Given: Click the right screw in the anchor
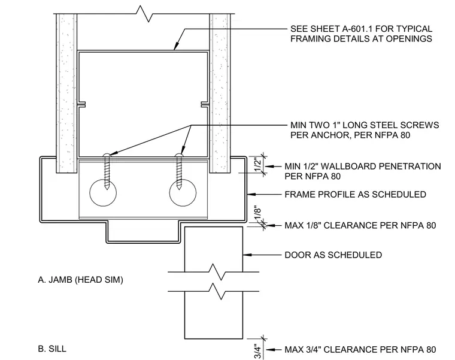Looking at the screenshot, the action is (x=179, y=171).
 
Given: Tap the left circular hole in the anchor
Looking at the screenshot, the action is (x=103, y=193).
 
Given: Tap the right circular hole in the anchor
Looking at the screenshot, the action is (x=183, y=193).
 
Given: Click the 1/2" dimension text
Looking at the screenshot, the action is (x=258, y=164).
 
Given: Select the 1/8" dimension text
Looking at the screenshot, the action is (x=258, y=214).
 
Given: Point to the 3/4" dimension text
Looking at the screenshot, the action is (x=258, y=351).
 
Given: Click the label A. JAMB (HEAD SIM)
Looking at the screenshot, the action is (x=80, y=280).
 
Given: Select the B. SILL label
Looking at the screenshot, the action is (x=52, y=349).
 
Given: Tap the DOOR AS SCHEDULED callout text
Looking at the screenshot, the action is (x=333, y=255).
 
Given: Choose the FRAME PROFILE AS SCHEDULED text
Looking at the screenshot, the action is (x=355, y=194).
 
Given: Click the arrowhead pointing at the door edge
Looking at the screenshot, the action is (x=247, y=255).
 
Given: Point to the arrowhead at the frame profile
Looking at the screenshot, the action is (x=251, y=194).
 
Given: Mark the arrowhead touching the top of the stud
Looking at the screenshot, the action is (x=175, y=47).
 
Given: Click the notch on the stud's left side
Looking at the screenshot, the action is (x=81, y=104).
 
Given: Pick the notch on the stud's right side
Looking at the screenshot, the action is (x=205, y=104).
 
